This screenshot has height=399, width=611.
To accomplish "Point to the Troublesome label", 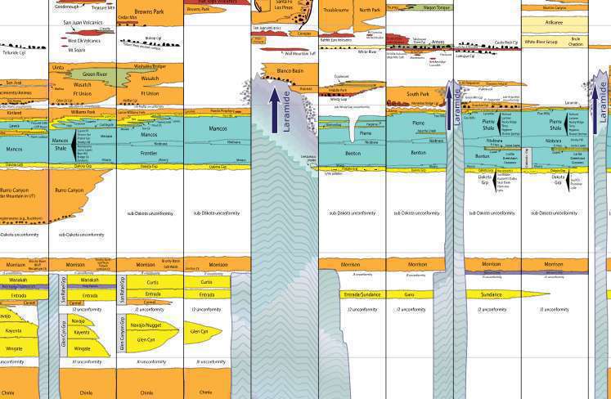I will click(335, 11).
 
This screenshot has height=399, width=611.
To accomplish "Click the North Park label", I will click(371, 11).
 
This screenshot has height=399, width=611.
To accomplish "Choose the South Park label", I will click(417, 94).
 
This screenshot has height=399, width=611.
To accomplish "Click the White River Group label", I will click(541, 41).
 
